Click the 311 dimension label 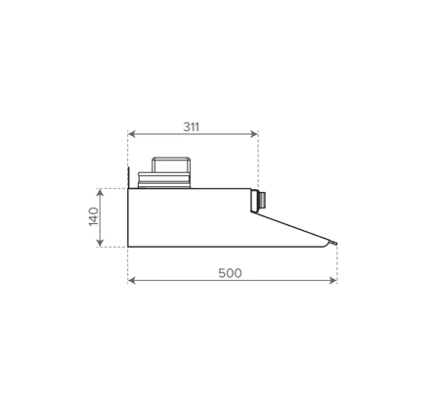pyautogui.click(x=191, y=127)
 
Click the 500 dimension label pyautogui.click(x=230, y=273)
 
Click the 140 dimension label pyautogui.click(x=94, y=216)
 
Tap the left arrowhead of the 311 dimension pyautogui.click(x=132, y=134)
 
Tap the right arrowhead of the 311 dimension pyautogui.click(x=254, y=134)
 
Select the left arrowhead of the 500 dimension pyautogui.click(x=132, y=280)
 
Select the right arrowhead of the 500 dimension pyautogui.click(x=333, y=280)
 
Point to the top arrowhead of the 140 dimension pyautogui.click(x=101, y=193)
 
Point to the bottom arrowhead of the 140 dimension pyautogui.click(x=101, y=243)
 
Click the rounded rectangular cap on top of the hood pyautogui.click(x=171, y=165)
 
